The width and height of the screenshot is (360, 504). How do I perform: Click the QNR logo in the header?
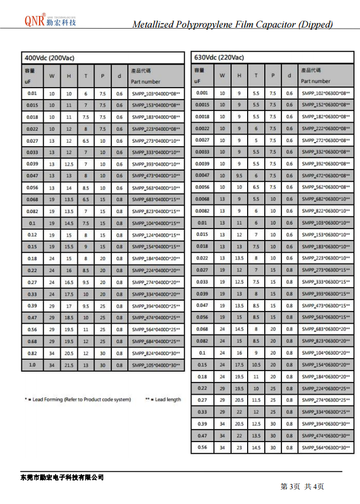50,21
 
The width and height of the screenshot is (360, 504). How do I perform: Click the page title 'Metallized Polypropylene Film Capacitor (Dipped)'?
232,24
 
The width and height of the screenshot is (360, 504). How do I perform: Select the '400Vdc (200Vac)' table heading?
49,58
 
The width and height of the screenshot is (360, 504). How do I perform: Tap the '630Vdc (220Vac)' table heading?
219,58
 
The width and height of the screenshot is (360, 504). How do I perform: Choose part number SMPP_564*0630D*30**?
326,447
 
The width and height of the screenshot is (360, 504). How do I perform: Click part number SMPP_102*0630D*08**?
326,93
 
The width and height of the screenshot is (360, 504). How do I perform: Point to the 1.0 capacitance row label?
32,365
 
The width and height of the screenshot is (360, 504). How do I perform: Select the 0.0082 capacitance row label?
202,211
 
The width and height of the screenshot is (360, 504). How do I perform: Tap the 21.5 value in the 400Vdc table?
69,365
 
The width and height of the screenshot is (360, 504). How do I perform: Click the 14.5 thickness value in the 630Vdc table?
256,447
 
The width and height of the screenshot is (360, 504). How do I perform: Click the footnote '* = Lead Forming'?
77,399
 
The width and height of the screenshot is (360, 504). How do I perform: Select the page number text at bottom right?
302,486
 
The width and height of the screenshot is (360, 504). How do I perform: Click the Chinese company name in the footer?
62,477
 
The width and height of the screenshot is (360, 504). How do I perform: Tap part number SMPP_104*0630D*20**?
326,353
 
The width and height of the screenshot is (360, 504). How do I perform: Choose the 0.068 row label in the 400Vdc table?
32,199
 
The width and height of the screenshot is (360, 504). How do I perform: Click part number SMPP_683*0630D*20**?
326,329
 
